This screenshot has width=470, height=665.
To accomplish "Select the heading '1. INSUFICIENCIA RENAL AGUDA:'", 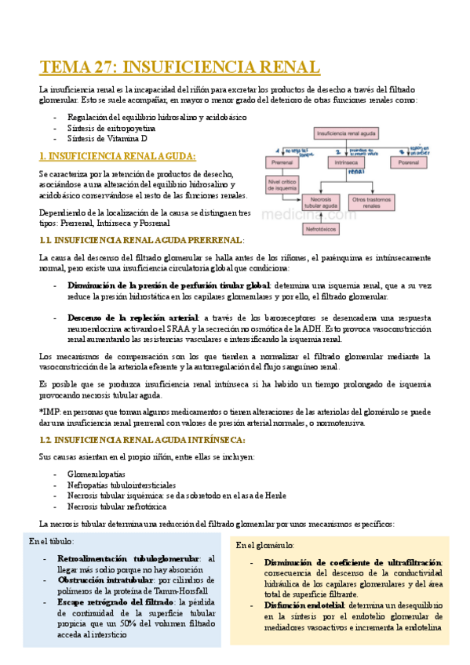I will (x=118, y=155).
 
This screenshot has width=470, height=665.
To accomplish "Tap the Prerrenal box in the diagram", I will (x=281, y=162).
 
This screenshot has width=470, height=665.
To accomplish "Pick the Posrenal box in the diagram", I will (x=410, y=162).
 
